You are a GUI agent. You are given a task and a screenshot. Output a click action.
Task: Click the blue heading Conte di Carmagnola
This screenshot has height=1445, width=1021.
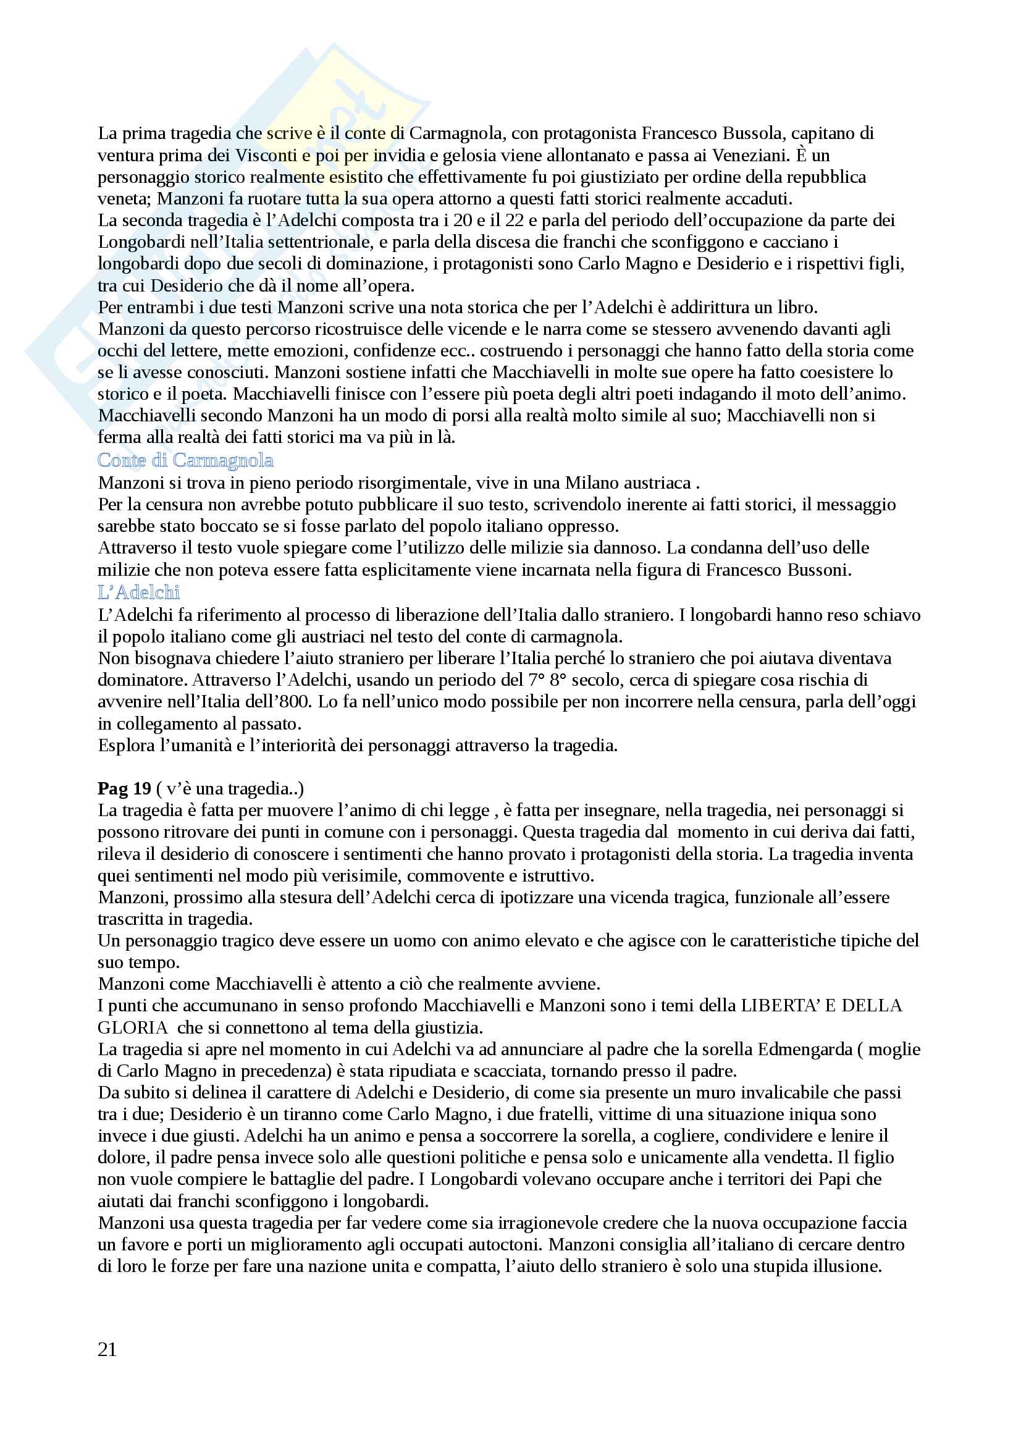tap(185, 461)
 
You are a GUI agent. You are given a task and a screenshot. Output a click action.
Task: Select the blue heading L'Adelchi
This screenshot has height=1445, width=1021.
tap(138, 592)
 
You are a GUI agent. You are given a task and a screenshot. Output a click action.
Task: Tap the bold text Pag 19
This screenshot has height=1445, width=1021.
tap(125, 788)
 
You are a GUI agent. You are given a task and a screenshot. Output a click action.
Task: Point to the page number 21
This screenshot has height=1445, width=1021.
tap(107, 1349)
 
